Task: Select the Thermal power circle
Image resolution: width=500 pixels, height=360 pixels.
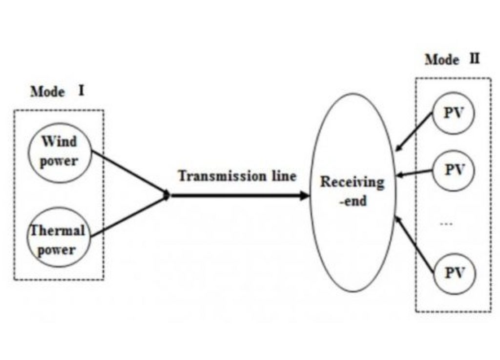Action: tap(59, 239)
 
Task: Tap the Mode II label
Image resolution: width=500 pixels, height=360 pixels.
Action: tap(452, 60)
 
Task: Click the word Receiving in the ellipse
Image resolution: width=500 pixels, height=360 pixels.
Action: tap(352, 183)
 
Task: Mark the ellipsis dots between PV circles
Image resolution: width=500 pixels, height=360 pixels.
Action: tap(446, 224)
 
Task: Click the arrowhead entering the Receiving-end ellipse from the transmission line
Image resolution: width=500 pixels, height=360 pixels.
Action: tap(305, 195)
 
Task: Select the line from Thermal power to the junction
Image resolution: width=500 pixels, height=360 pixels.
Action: tap(130, 217)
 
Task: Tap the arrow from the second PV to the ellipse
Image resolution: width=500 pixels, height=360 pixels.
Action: tap(415, 172)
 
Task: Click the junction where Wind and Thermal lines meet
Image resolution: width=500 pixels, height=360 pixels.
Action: tap(167, 195)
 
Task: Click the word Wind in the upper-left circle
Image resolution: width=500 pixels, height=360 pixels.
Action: tap(59, 142)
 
